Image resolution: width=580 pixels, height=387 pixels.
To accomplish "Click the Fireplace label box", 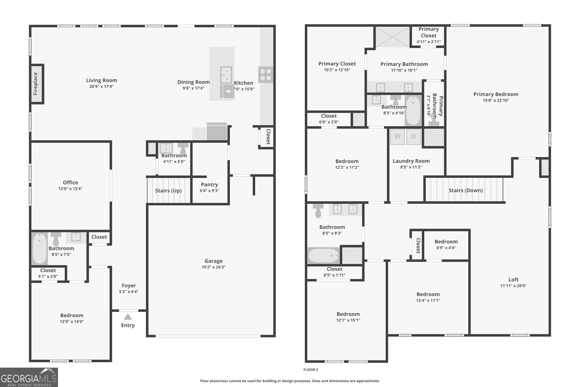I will tap(36, 84).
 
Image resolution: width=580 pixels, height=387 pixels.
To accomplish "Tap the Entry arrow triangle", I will tap(128, 317).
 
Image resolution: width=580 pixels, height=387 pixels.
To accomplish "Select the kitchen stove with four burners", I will tap(265, 75).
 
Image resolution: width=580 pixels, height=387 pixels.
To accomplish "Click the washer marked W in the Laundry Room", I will tap(397, 137).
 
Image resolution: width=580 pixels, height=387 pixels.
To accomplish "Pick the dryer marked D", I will tap(413, 137).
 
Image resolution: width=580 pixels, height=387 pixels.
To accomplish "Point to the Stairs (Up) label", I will tap(168, 190).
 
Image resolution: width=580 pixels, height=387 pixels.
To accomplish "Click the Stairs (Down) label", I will tap(465, 190).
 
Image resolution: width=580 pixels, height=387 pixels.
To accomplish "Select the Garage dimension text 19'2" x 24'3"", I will tap(214, 267).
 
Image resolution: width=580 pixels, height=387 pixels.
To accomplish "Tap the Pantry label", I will tap(209, 184).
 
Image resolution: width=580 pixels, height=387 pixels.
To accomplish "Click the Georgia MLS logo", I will tap(29, 377).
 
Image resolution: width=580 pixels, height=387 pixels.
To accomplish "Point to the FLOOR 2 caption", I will tap(311, 370).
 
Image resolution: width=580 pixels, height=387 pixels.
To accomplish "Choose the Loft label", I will tap(513, 279).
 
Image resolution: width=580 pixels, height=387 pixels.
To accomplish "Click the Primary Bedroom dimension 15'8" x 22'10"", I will tap(496, 100).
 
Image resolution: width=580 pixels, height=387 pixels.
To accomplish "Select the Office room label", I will tap(70, 182).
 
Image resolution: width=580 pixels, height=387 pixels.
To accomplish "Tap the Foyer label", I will tap(129, 285).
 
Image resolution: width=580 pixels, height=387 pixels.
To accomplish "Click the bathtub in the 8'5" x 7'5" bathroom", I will tap(39, 248).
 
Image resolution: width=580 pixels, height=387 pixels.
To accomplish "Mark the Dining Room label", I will tap(193, 82).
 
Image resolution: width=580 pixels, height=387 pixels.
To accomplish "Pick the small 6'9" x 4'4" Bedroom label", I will tap(446, 242).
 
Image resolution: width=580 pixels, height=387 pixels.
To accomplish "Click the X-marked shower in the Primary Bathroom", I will tap(392, 37).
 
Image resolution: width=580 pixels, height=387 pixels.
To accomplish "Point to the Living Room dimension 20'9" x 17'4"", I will tap(101, 86).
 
